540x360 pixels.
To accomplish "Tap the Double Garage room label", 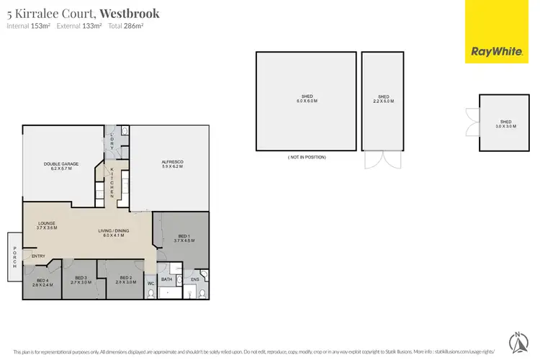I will coord(60,166).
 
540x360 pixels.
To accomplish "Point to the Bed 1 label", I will coord(182,238).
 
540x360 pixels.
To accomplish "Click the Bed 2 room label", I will coord(126,279).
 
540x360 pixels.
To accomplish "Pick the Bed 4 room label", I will coord(41,282).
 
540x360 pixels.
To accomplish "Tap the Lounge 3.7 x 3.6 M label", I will coord(47,225).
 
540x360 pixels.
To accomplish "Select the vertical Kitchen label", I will coord(112,184).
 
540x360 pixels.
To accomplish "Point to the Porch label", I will coord(14,256).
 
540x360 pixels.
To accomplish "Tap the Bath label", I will coord(166,279).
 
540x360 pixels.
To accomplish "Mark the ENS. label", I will coord(194,279).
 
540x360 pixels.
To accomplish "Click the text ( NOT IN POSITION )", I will coord(306,157).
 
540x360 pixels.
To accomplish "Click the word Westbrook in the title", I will coord(130,13).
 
